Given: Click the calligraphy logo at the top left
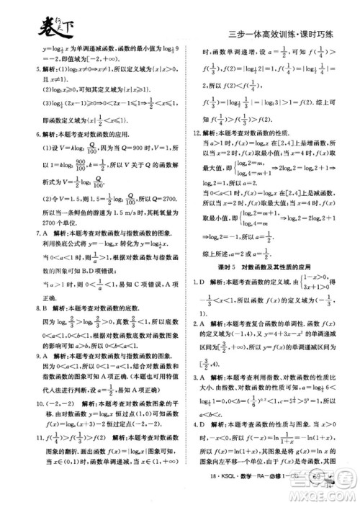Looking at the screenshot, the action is click(x=44, y=28).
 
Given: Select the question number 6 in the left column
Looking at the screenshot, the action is click(x=27, y=134).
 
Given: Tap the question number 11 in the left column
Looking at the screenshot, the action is click(x=28, y=457).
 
